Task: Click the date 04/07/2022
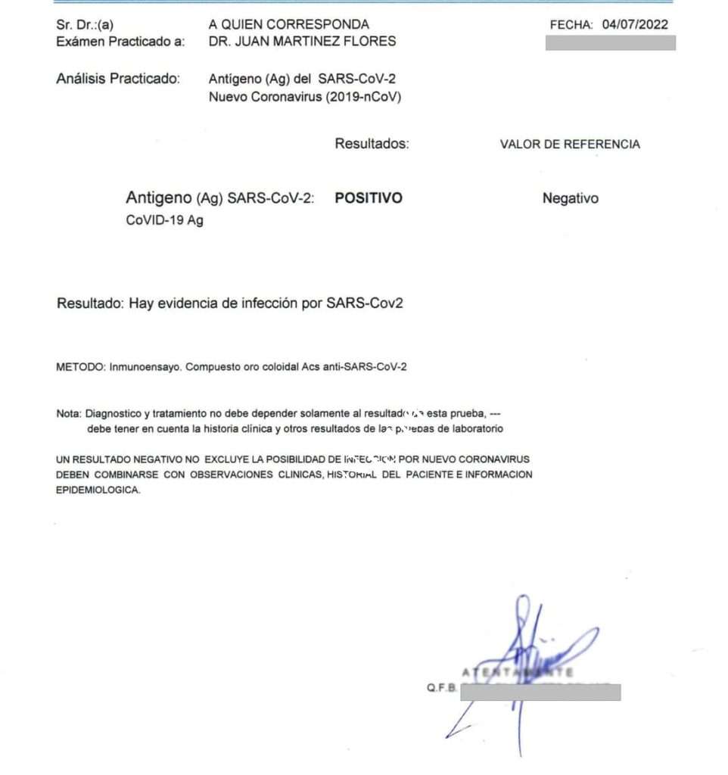(635, 24)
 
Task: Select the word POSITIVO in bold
(369, 198)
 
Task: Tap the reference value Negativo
(570, 198)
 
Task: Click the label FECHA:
(572, 24)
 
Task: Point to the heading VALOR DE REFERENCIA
(570, 144)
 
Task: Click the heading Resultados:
(372, 143)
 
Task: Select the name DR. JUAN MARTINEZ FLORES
(302, 41)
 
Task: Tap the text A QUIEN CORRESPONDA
(289, 24)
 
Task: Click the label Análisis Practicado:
(118, 78)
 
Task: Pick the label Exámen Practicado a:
(120, 41)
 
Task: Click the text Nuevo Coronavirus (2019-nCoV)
(305, 97)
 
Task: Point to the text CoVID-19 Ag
(164, 221)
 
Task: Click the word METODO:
(81, 368)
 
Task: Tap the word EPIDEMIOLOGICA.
(98, 490)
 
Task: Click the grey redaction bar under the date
(610, 42)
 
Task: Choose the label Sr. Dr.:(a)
(86, 24)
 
